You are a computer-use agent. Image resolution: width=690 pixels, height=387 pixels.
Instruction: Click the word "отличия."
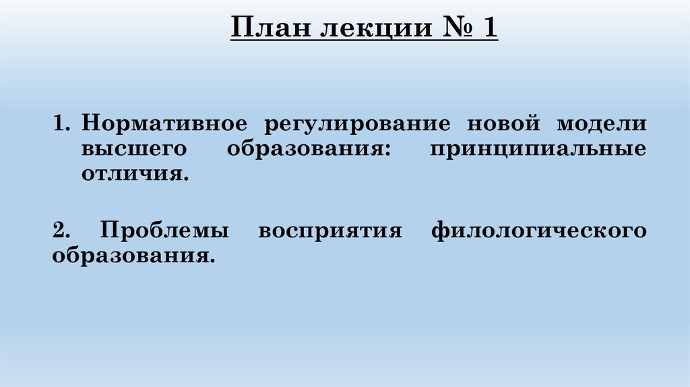[133, 175]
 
